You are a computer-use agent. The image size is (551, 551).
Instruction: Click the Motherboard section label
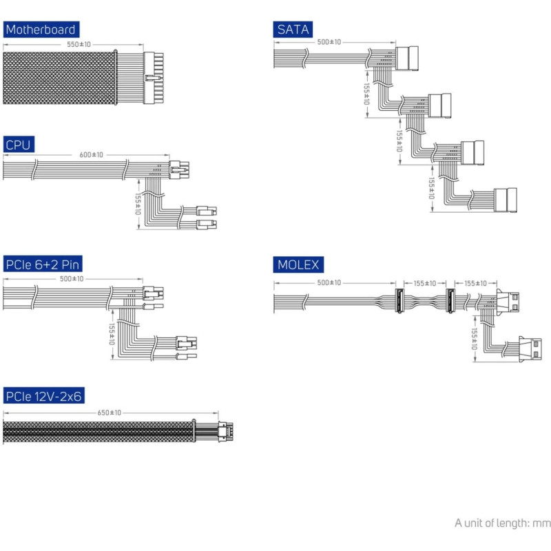tap(40, 30)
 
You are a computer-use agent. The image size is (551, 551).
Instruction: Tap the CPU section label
tap(19, 145)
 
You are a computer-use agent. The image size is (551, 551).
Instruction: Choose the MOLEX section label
tap(298, 264)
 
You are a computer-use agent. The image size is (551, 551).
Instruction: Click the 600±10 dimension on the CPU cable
tap(91, 155)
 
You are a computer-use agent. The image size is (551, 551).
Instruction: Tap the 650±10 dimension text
tap(110, 413)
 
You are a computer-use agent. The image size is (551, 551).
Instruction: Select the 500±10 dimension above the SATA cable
tap(329, 42)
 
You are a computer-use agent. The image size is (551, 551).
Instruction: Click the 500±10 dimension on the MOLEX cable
tap(329, 283)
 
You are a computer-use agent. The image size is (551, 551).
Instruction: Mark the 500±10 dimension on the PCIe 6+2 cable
tap(72, 279)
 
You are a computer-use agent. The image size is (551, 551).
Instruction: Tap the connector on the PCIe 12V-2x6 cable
tap(225, 431)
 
